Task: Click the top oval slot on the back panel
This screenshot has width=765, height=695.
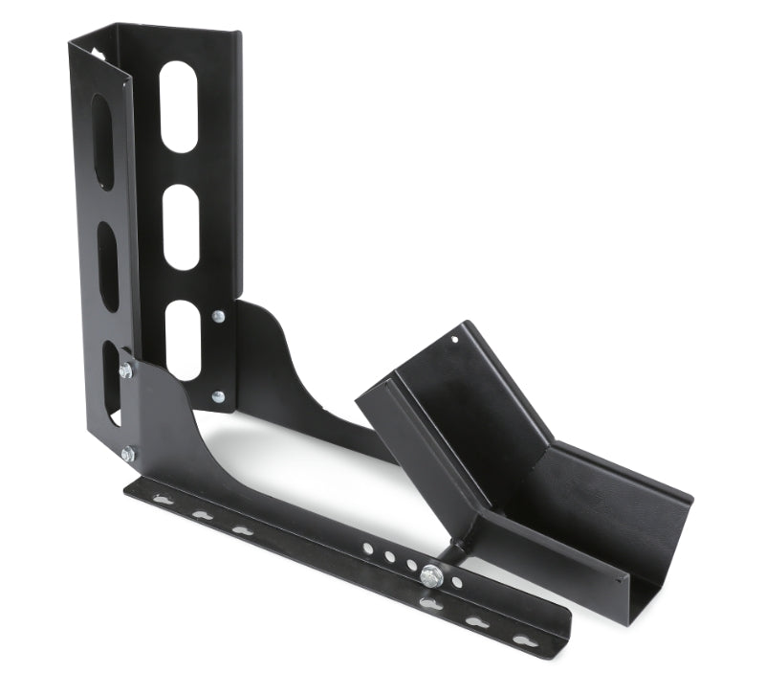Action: coord(179,106)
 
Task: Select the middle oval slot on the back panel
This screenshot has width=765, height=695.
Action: coord(181,227)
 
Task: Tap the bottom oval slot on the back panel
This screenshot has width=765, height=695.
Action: coord(183,339)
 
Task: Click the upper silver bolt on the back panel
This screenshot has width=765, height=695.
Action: coord(219,316)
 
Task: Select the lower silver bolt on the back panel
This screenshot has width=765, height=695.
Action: coord(218,396)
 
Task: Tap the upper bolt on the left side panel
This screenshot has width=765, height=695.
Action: coord(125,370)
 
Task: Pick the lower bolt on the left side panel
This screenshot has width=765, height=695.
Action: coord(128,453)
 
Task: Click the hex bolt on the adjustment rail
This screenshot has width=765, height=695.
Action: coord(432,575)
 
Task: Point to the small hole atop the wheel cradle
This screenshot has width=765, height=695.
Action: coord(455,339)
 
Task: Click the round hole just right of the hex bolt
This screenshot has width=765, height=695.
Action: coord(456,581)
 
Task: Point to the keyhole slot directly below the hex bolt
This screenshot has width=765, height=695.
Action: coord(430,603)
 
